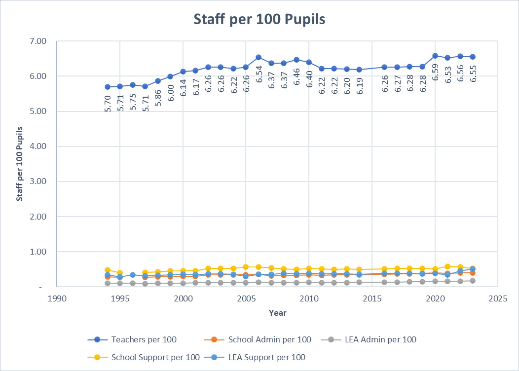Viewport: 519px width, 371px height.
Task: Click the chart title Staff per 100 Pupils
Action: pos(259,19)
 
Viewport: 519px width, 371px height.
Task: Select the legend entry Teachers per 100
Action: pos(144,339)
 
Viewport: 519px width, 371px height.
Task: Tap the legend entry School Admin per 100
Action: pos(269,339)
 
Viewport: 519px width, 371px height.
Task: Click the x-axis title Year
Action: pos(277,313)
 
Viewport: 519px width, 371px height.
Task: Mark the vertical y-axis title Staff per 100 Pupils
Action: pos(20,164)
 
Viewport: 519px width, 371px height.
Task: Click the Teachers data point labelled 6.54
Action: pos(259,57)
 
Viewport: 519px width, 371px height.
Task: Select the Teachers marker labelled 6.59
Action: pos(435,56)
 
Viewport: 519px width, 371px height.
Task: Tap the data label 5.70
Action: pos(108,104)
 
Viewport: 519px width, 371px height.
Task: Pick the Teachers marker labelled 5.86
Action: pos(158,81)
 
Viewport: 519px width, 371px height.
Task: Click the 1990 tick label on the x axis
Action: pos(57,299)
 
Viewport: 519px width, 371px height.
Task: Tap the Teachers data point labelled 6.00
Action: pos(170,76)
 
